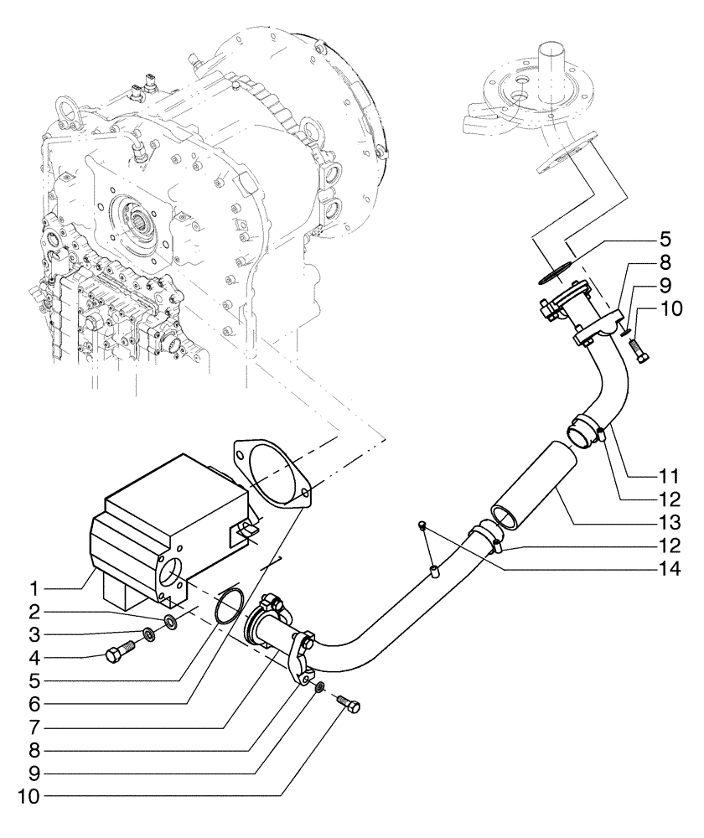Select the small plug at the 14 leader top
point(424,525)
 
